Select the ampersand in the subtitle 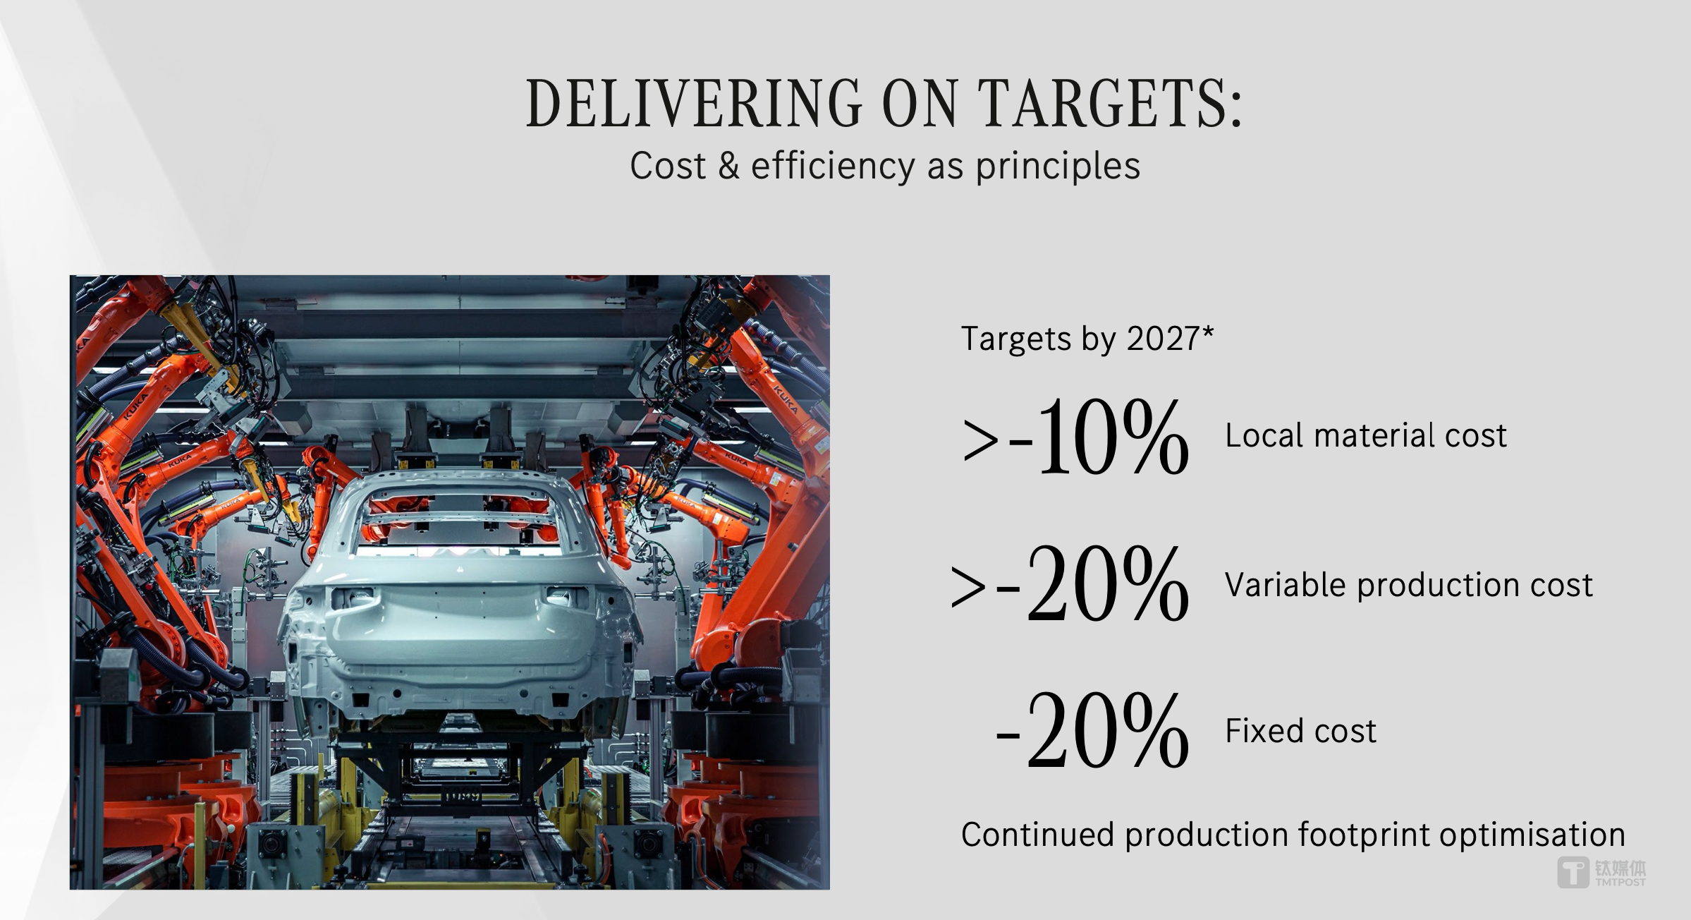pyautogui.click(x=728, y=167)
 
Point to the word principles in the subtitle pyautogui.click(x=1058, y=168)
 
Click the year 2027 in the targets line pyautogui.click(x=1163, y=339)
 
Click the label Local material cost pyautogui.click(x=1366, y=435)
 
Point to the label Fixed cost pyautogui.click(x=1301, y=731)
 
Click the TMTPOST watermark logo pyautogui.click(x=1601, y=873)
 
